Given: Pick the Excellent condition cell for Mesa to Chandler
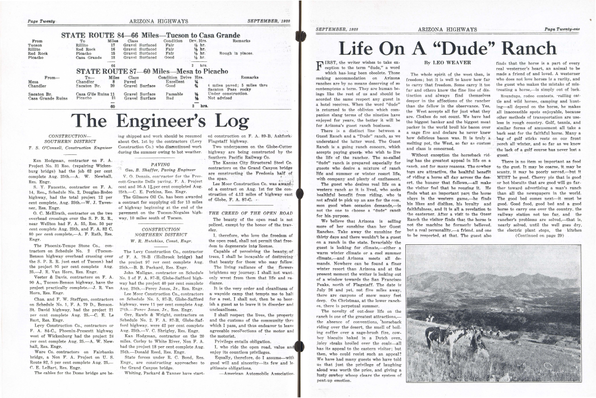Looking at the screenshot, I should tap(177, 82).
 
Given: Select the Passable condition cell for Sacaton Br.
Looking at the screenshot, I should tap(175, 94).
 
